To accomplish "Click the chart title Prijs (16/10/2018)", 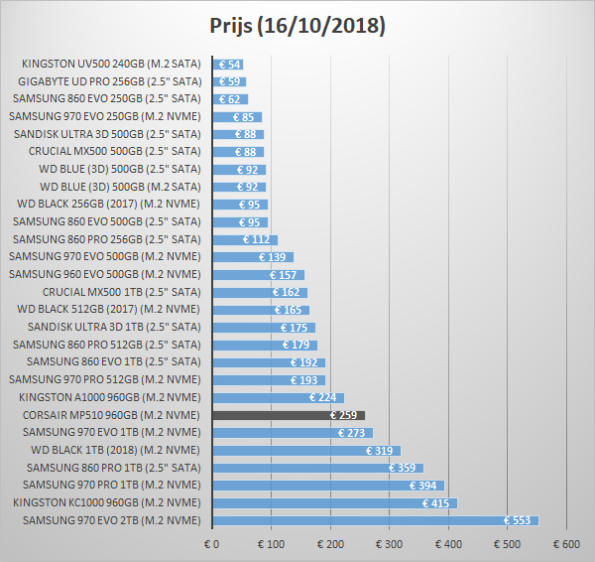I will pos(297,25).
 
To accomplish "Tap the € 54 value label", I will pos(231,65).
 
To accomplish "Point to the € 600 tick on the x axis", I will pos(567,544).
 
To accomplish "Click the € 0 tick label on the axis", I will pos(211,544).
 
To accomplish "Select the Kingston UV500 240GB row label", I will pos(111,65).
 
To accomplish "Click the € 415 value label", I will pos(436,502).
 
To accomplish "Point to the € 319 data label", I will pos(380,450).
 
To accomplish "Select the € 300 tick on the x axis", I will pos(389,544).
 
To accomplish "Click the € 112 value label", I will pos(257,239).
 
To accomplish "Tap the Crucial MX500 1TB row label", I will pos(121,292).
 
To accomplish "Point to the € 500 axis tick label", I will pos(508,544).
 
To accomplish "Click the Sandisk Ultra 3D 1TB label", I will pos(114,327).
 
